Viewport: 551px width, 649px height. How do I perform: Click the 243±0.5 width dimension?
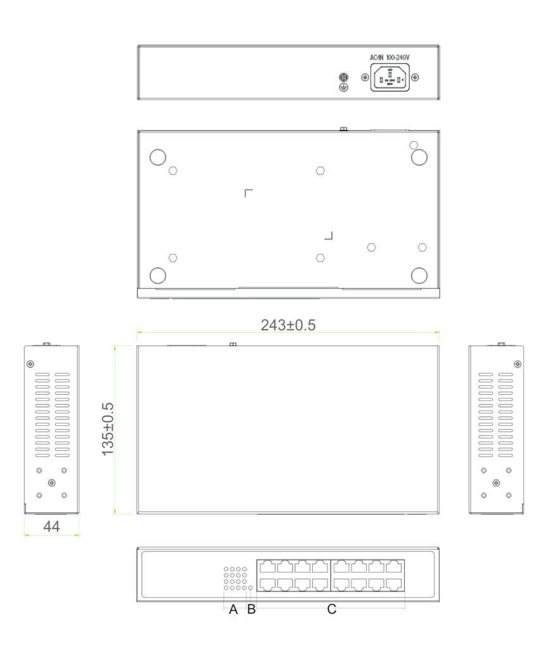click(x=288, y=324)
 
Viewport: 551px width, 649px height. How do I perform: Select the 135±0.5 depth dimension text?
click(x=108, y=429)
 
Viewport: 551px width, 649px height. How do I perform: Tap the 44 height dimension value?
click(x=52, y=525)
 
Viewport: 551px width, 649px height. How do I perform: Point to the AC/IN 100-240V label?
click(x=389, y=58)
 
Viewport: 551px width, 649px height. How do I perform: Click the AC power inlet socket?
click(x=389, y=78)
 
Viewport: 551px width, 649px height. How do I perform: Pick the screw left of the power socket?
click(x=364, y=77)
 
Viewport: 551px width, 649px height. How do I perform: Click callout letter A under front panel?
click(x=233, y=610)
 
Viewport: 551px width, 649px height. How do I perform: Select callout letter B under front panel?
click(x=251, y=610)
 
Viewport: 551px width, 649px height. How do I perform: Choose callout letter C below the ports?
click(x=331, y=610)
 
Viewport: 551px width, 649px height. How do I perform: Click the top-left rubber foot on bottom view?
click(x=157, y=157)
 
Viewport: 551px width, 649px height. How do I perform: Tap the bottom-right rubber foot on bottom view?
click(x=419, y=275)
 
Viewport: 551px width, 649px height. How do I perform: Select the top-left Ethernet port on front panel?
click(x=267, y=567)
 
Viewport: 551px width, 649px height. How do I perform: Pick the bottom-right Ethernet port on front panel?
click(x=395, y=584)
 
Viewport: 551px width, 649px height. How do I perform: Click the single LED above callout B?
click(x=251, y=588)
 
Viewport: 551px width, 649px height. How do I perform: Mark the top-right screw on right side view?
click(x=518, y=364)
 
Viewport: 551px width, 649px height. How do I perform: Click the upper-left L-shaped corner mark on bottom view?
click(x=248, y=192)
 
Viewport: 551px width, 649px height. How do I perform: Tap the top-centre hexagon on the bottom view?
click(x=320, y=171)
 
